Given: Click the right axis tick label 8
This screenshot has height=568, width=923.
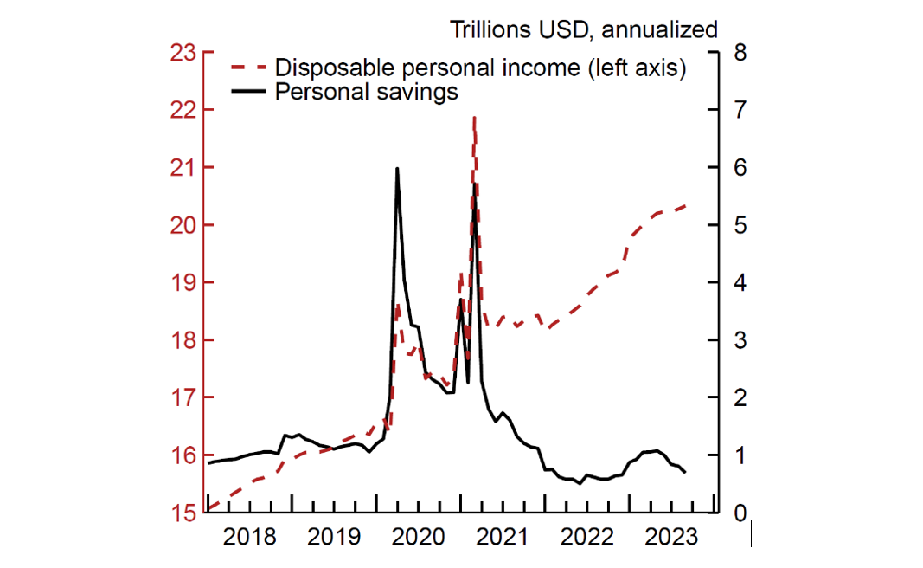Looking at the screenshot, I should (736, 53).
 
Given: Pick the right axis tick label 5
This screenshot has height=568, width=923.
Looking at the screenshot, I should (736, 225).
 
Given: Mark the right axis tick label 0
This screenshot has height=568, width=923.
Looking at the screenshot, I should (736, 513).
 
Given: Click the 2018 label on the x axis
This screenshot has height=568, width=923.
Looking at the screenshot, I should (249, 538).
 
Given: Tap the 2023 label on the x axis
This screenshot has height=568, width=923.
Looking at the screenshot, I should (670, 538).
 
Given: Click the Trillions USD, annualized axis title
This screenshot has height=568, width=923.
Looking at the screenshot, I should (583, 29).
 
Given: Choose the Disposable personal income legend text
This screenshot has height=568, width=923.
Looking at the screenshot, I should (480, 68).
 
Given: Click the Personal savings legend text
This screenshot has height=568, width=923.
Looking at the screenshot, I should (366, 92).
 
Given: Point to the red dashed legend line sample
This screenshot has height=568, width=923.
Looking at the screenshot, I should (248, 68).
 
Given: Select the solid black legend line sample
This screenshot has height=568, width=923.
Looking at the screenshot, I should (248, 92).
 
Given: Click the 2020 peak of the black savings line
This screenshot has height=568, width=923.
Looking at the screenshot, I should (397, 169).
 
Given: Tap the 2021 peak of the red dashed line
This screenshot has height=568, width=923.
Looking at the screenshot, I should (475, 117).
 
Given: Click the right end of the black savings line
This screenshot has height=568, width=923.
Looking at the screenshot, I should (686, 472).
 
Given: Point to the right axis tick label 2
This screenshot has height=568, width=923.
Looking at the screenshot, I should (736, 397).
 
